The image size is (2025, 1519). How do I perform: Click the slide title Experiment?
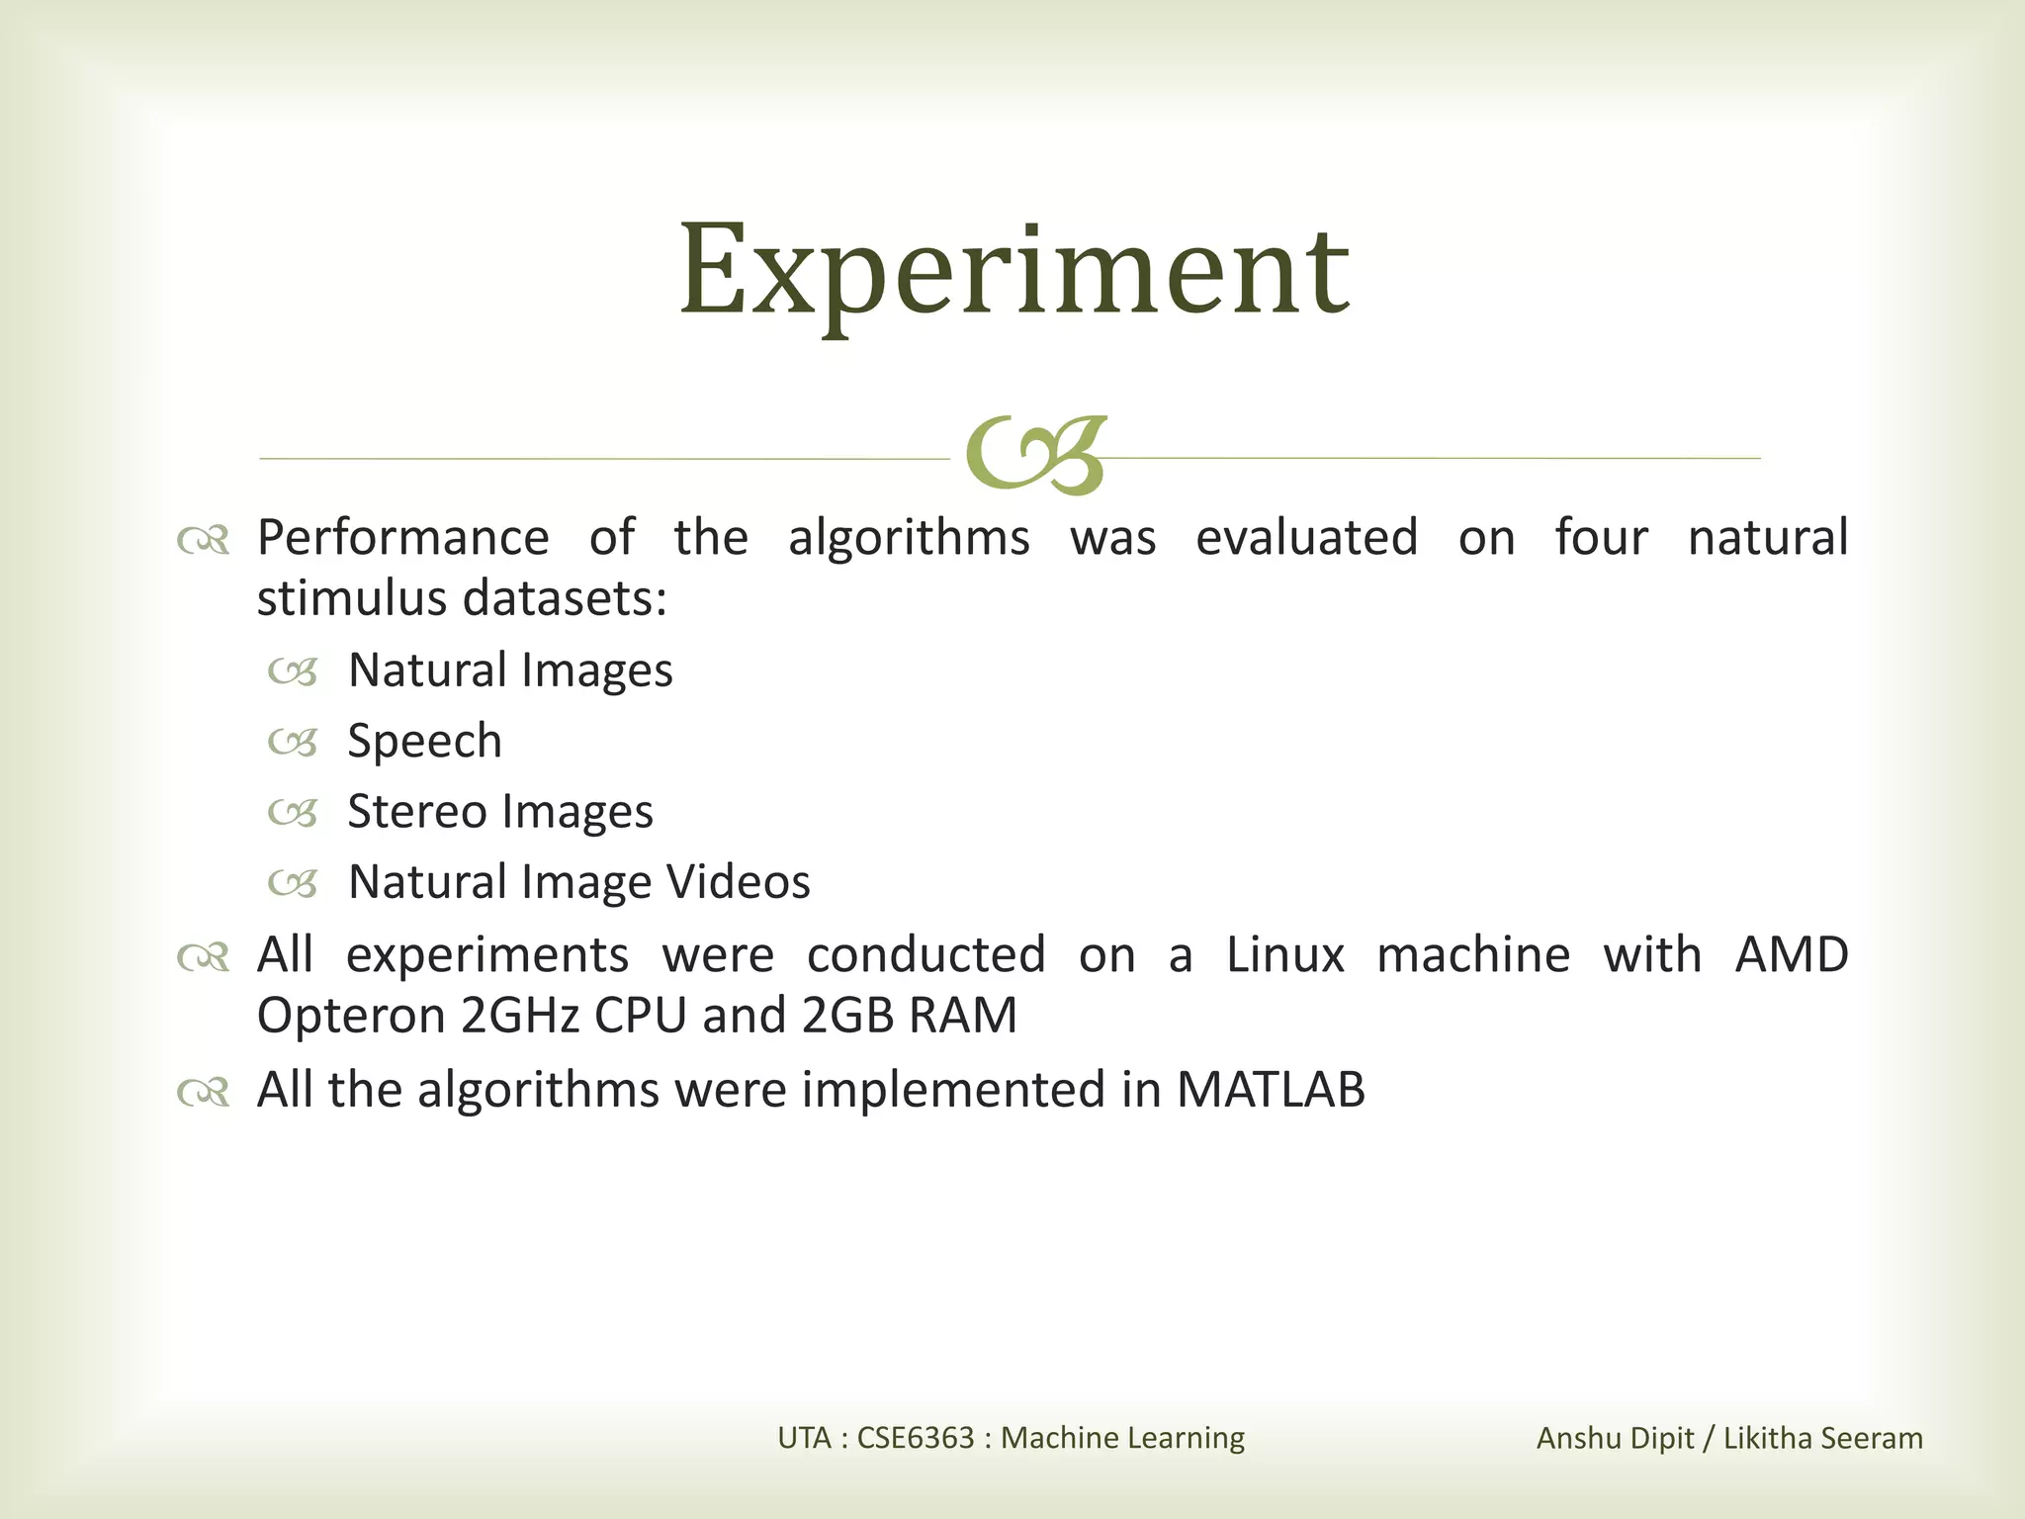(1013, 272)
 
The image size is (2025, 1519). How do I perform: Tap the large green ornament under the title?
(1035, 455)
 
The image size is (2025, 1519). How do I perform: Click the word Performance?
(402, 539)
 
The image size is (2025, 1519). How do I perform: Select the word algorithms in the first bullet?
(909, 539)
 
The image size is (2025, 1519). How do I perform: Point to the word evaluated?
(1306, 539)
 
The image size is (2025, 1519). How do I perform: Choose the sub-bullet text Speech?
(425, 742)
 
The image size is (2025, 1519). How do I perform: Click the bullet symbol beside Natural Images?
(293, 673)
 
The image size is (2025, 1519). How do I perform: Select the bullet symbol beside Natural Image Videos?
(293, 884)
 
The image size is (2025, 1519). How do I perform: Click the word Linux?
(1285, 956)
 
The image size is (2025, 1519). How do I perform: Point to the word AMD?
(1792, 956)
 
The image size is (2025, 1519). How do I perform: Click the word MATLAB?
(1271, 1091)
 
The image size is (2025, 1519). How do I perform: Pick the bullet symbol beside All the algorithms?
(204, 1093)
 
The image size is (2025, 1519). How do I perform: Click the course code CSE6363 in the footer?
(916, 1438)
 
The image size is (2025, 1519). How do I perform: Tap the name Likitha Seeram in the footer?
(1823, 1438)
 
